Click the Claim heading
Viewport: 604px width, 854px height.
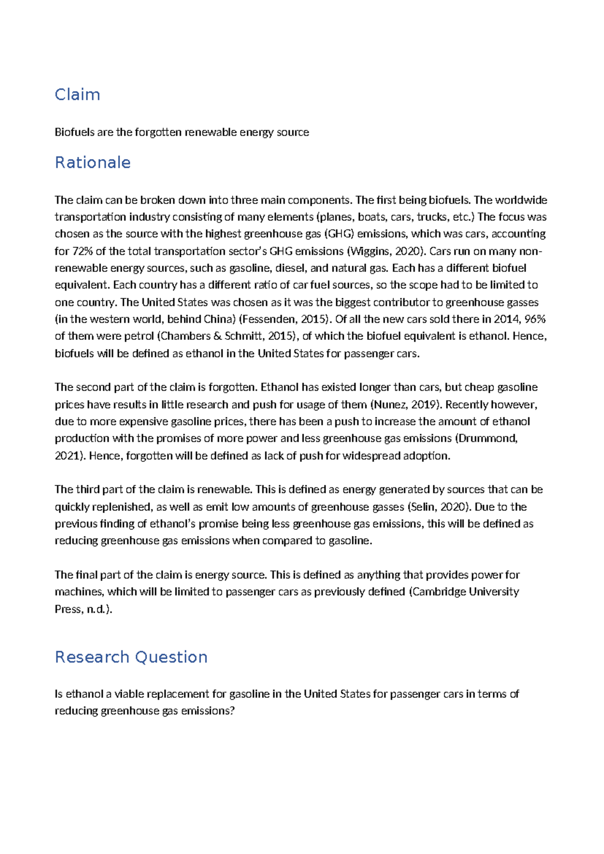[x=77, y=95]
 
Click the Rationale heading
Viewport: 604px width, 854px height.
[x=93, y=163]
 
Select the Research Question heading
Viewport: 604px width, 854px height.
[x=131, y=657]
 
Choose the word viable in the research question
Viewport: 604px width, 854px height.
[x=128, y=694]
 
